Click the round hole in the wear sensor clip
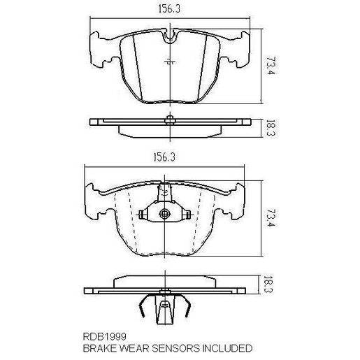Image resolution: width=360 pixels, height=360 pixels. (165, 215)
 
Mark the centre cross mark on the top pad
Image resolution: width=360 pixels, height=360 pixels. (168, 63)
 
